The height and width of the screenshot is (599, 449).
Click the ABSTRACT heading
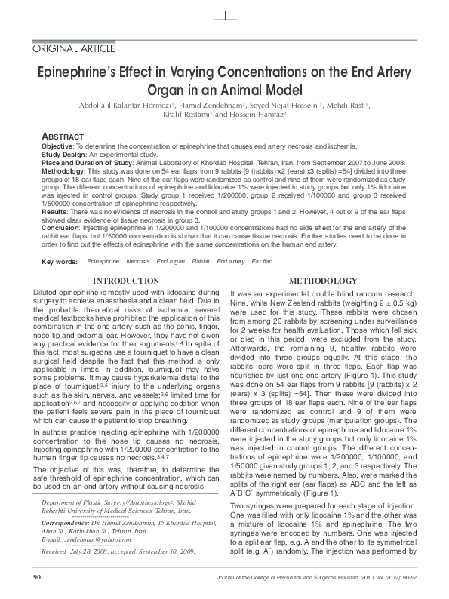(63, 137)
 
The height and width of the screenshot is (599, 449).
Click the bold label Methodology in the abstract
(63, 171)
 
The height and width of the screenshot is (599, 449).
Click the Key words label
(60, 262)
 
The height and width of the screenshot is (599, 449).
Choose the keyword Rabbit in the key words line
(200, 261)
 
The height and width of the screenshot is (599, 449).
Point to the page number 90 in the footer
(37, 577)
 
